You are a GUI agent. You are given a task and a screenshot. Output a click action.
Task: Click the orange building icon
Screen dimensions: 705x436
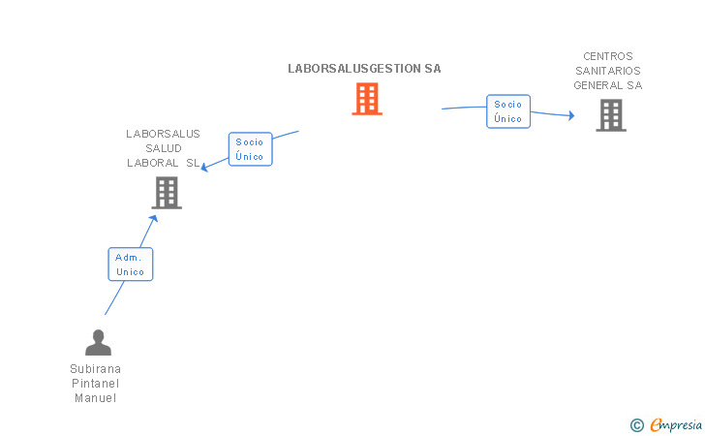367,99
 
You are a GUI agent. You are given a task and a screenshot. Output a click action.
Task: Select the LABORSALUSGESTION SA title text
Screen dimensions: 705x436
364,69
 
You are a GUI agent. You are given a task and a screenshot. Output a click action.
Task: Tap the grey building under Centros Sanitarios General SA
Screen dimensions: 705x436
611,115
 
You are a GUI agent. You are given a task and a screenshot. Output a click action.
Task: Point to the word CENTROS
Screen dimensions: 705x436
608,56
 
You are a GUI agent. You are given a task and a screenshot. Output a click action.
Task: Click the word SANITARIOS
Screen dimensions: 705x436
608,71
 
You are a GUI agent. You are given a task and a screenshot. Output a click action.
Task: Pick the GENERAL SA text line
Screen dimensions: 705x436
608,85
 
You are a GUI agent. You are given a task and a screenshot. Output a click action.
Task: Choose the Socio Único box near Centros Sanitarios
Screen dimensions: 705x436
508,111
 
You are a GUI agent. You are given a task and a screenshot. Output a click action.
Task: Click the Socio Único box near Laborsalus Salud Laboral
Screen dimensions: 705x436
250,149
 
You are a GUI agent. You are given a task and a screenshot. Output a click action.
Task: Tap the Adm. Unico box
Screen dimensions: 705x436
131,265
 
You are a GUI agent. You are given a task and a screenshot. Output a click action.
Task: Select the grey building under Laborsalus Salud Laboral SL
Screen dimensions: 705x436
167,193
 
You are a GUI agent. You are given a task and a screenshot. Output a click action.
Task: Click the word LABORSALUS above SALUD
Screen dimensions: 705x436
163,134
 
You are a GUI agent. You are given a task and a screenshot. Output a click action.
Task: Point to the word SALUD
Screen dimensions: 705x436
164,148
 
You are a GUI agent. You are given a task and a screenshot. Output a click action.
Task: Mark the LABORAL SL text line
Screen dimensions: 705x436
163,163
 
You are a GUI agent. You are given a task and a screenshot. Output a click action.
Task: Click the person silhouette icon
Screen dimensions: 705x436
98,342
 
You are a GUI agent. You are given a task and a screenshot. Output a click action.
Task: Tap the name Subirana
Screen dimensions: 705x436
95,369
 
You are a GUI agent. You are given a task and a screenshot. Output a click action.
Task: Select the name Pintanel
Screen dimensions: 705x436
95,384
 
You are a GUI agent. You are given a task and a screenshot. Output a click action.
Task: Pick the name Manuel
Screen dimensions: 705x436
95,398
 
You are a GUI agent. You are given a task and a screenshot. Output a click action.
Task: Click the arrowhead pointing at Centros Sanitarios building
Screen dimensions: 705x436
571,115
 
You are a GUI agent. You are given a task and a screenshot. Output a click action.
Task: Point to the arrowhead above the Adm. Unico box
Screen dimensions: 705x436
154,219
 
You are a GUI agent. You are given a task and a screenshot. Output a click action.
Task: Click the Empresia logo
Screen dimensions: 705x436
666,424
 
